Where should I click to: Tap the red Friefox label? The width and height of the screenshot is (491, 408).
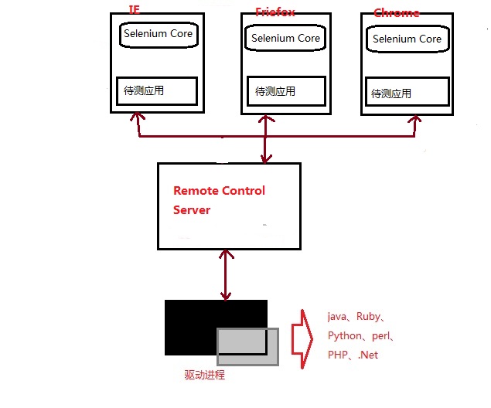click(x=274, y=12)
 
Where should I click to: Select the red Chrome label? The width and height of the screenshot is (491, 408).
click(x=397, y=12)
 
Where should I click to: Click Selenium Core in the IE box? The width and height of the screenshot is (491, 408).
click(x=158, y=34)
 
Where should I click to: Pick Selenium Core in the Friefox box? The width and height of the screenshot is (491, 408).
click(x=285, y=38)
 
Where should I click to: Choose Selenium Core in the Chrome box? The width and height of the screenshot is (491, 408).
click(x=407, y=39)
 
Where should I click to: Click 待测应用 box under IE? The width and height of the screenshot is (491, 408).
click(x=156, y=90)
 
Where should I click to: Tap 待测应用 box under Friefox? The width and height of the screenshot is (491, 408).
click(x=286, y=91)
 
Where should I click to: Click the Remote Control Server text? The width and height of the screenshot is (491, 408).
click(x=218, y=200)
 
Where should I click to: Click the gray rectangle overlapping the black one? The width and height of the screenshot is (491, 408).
click(x=247, y=346)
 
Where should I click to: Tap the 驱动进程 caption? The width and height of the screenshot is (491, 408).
click(x=204, y=376)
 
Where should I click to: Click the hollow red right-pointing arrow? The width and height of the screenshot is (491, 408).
click(x=301, y=338)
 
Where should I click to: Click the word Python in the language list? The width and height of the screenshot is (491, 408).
click(x=345, y=336)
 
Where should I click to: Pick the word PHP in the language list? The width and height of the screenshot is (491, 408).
click(x=338, y=355)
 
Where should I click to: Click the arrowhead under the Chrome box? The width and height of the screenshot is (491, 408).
click(x=417, y=121)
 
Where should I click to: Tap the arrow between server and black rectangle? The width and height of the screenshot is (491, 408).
click(x=226, y=274)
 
